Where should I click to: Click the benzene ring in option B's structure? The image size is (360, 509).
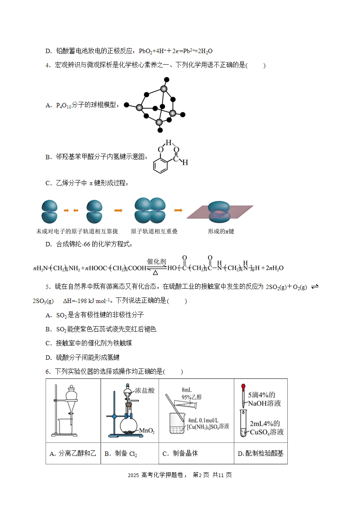tap(160, 164)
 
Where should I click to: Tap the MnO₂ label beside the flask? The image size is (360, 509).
tap(147, 431)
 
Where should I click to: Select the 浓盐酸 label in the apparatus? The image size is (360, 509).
tap(145, 390)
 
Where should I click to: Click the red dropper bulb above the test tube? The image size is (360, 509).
tap(243, 387)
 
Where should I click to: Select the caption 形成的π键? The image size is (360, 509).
tap(221, 231)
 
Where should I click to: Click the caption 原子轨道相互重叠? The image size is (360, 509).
tap(154, 231)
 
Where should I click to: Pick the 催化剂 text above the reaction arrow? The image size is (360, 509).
tap(156, 261)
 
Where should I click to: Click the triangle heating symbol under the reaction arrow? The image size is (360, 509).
tap(155, 273)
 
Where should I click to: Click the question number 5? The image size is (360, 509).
tap(47, 287)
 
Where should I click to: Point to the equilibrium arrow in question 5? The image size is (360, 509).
tap(315, 287)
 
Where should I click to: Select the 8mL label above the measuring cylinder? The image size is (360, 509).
tap(186, 390)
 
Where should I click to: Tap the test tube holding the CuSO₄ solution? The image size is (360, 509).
tap(243, 423)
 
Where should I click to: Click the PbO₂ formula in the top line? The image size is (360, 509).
tap(145, 51)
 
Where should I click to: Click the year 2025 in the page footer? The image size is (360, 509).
tap(133, 475)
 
